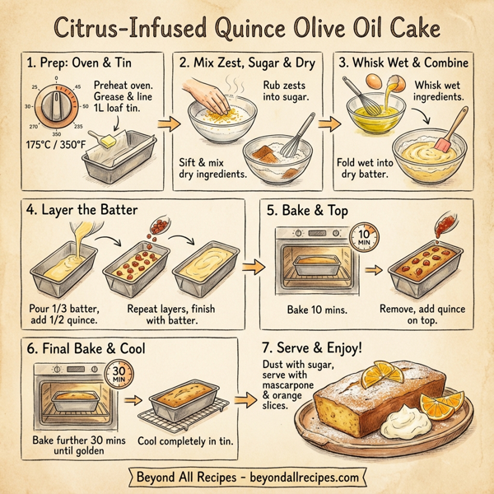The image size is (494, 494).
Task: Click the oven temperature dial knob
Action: pos(55,107)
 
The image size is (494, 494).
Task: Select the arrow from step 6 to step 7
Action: pos(244,401)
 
